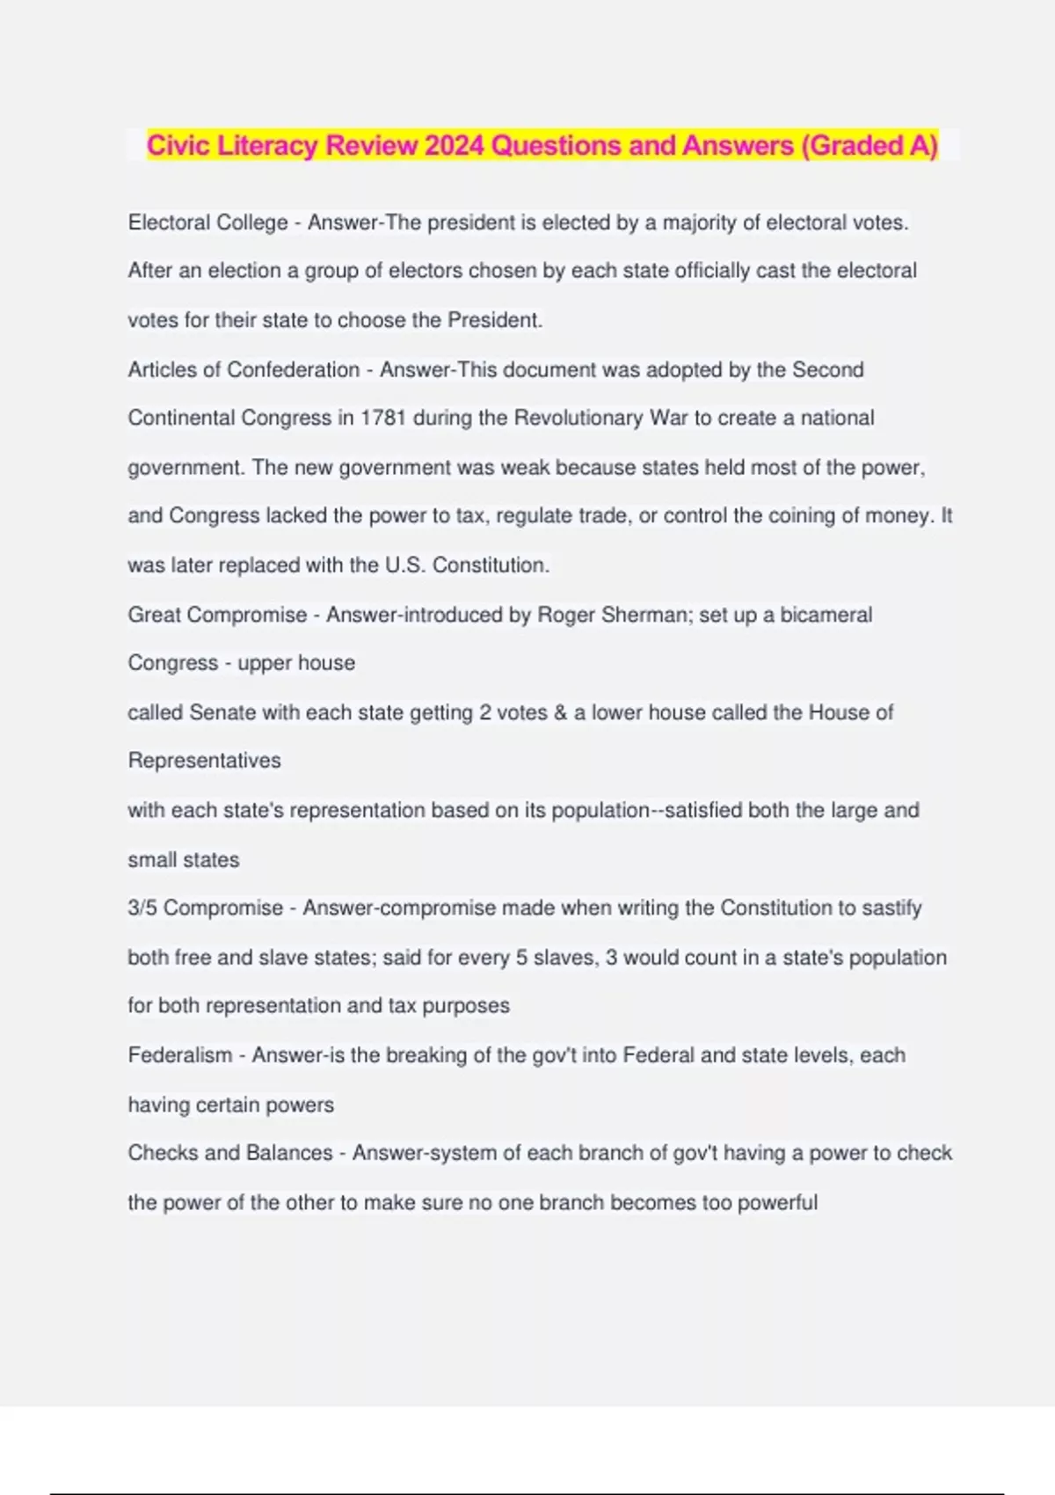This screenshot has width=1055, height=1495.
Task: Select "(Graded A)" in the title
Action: (869, 145)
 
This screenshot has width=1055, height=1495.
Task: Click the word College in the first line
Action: (253, 222)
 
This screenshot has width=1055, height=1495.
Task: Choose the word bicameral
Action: (826, 615)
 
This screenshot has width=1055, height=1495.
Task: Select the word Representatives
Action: (204, 761)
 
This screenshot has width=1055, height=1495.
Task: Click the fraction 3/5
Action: (142, 908)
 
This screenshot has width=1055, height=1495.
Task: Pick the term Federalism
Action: (180, 1054)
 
